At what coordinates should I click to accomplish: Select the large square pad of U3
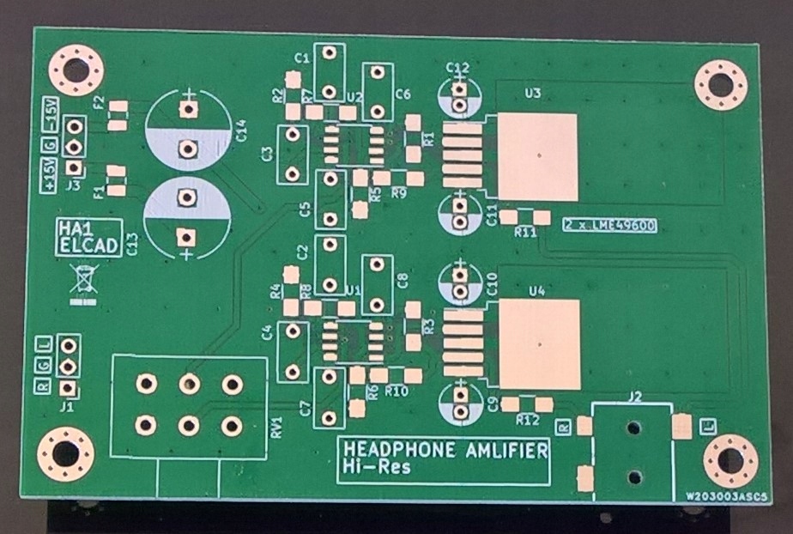tap(537, 157)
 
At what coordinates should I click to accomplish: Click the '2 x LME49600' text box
tap(609, 226)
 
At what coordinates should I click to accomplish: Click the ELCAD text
tap(85, 246)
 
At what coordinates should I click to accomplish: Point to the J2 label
tap(635, 397)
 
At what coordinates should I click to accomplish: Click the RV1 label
tap(276, 428)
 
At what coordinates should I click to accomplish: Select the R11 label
tap(525, 233)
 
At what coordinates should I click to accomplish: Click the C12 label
tap(458, 67)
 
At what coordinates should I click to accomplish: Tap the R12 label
tap(527, 420)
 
